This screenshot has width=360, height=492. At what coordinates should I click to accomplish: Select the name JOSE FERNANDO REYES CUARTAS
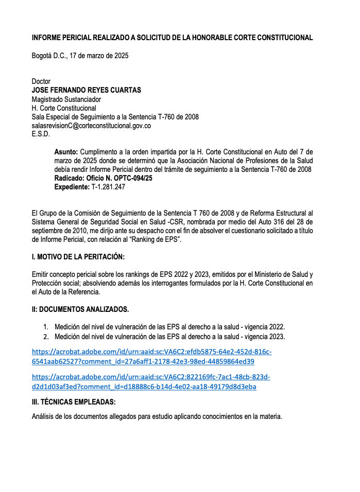tap(86, 90)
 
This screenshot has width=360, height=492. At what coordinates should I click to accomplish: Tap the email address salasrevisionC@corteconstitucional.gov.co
tap(91, 125)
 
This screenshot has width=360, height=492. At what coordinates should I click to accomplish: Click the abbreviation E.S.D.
tap(41, 134)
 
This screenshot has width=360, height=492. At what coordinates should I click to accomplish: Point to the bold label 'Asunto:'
tap(66, 152)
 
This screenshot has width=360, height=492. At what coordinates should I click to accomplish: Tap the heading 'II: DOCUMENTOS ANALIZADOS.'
tap(80, 309)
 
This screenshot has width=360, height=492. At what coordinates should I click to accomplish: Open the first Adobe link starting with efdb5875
tap(151, 357)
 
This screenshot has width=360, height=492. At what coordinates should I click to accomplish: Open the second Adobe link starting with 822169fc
tap(151, 382)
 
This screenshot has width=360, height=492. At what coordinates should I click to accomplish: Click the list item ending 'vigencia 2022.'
tap(169, 327)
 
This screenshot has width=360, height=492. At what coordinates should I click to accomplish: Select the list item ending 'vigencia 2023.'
tap(169, 337)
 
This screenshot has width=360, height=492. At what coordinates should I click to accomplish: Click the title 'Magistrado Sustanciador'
tap(66, 99)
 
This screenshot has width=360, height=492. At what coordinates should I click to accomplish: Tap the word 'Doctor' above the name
tap(41, 81)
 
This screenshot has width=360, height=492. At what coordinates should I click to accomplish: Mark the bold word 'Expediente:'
tap(72, 187)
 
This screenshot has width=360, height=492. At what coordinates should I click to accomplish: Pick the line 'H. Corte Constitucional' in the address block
tap(64, 108)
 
